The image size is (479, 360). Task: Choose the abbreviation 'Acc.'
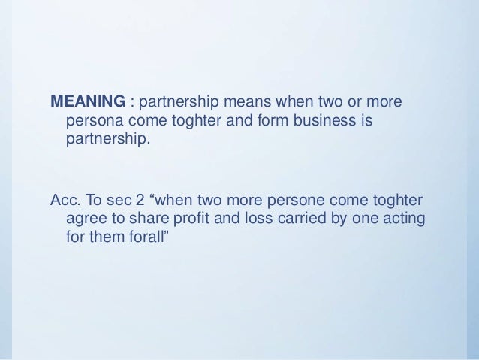[64, 201]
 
